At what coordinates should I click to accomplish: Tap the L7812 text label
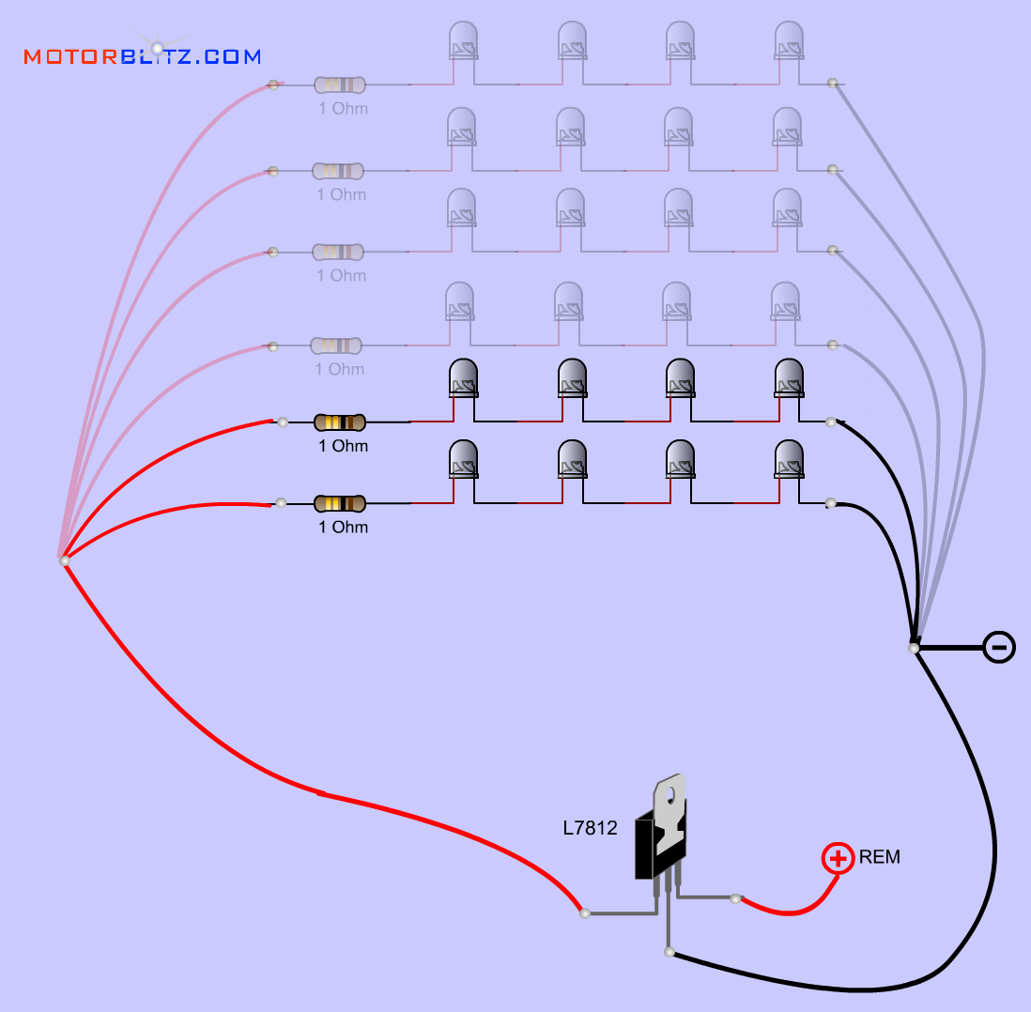click(590, 828)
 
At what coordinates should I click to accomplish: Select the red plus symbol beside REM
click(838, 858)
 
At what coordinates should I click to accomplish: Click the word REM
click(880, 857)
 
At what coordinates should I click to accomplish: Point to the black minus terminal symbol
click(999, 647)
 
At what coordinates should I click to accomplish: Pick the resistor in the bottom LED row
click(339, 504)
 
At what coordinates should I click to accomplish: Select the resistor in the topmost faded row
click(339, 85)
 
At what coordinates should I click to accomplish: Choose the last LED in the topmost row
click(789, 41)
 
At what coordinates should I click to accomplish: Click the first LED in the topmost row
click(463, 41)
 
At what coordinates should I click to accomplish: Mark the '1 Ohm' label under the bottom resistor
click(343, 528)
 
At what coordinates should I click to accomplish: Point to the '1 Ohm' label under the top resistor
click(343, 109)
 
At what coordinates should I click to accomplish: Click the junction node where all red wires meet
click(64, 560)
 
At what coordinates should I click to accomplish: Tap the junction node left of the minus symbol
click(914, 648)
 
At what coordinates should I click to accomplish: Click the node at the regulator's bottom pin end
click(669, 952)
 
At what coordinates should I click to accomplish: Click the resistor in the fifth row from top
click(339, 422)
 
